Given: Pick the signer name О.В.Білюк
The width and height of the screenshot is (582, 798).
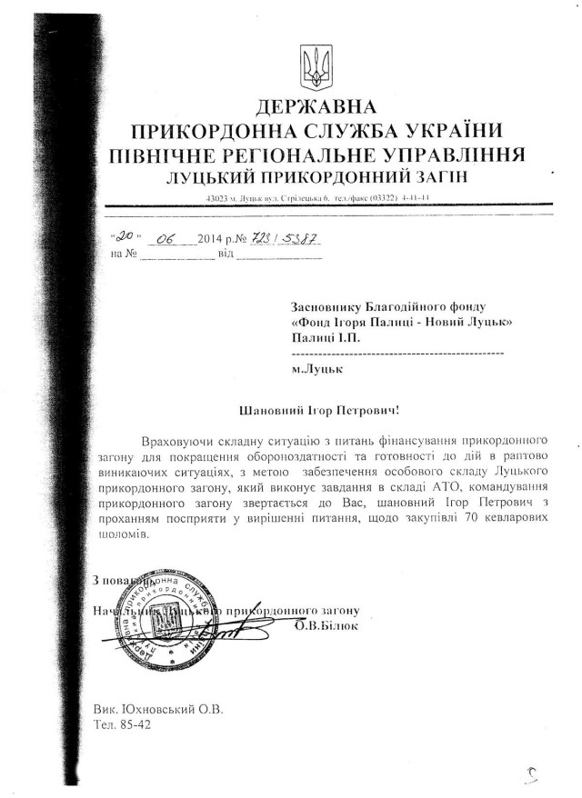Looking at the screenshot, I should point(326,626).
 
